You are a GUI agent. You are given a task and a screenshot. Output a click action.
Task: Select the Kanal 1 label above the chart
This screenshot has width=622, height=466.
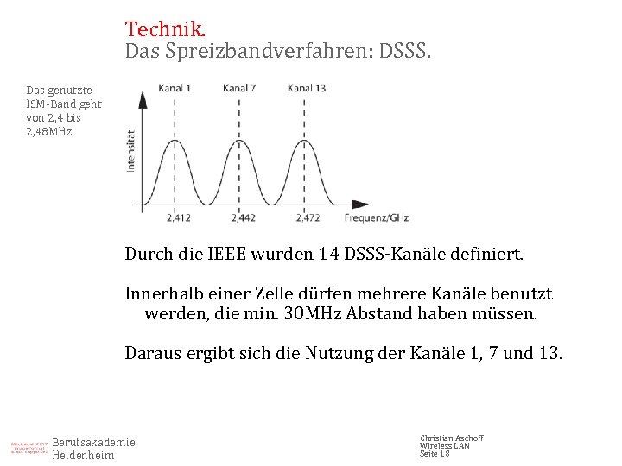click(175, 88)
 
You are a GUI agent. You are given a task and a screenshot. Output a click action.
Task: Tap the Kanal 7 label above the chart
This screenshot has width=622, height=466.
click(239, 88)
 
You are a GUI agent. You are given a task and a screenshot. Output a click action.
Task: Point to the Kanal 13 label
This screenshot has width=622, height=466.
click(307, 88)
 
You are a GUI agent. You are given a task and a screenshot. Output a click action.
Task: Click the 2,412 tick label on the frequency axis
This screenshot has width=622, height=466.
click(178, 217)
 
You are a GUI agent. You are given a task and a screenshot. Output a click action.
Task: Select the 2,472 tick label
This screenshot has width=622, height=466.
click(308, 217)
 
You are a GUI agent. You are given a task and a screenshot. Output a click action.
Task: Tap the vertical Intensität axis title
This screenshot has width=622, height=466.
click(131, 150)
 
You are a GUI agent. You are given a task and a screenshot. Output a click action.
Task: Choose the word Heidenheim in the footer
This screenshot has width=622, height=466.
click(83, 456)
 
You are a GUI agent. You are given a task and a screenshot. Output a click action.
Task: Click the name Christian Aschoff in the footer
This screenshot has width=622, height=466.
click(451, 438)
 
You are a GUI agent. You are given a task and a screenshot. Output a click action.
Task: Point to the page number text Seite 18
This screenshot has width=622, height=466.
click(435, 454)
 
